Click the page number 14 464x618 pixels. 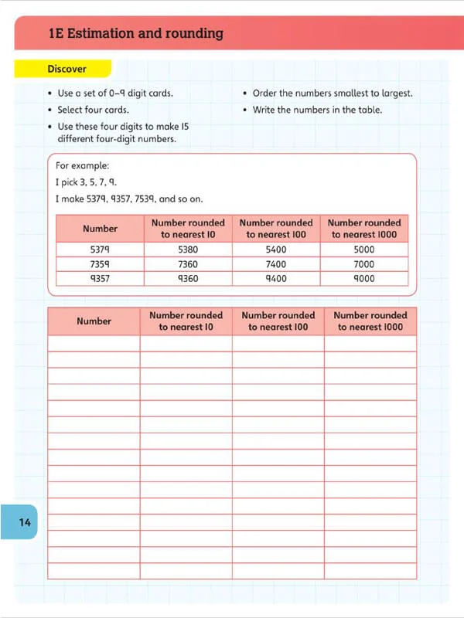tap(25, 523)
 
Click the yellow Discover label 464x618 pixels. tap(67, 69)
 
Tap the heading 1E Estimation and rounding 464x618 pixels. tap(135, 33)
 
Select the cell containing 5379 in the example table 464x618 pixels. tap(100, 250)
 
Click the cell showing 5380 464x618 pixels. tap(188, 250)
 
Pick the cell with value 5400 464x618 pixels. tap(276, 250)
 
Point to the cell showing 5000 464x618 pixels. tap(363, 250)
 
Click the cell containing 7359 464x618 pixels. tap(100, 264)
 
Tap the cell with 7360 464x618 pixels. tap(188, 264)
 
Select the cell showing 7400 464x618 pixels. tap(276, 264)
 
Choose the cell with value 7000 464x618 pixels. tap(363, 264)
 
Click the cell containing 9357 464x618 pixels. tap(100, 279)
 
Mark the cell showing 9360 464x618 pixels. tap(188, 279)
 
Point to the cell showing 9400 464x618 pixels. tap(276, 279)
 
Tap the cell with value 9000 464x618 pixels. tap(363, 279)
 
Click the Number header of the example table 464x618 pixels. tap(100, 229)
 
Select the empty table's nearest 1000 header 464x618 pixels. tap(370, 321)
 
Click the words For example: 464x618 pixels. tap(83, 165)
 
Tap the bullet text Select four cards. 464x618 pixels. tap(93, 110)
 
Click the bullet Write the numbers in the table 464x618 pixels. tap(317, 110)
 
